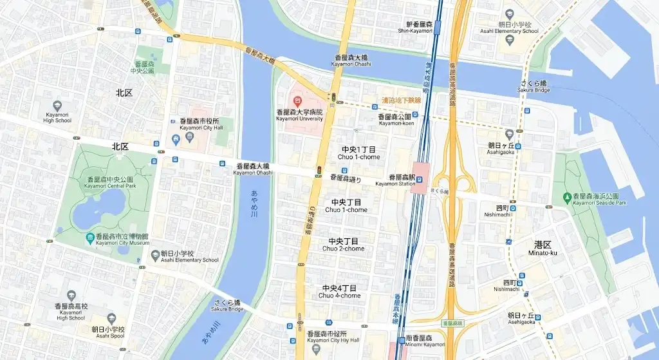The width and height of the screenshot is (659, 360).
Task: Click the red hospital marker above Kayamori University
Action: tap(297, 101)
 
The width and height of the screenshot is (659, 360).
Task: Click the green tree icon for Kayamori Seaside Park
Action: tap(566, 196)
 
